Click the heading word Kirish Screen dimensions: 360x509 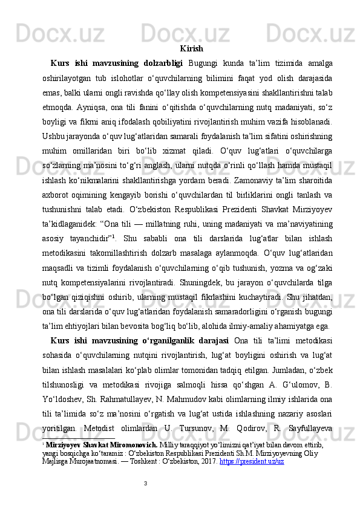[x=191, y=48]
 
